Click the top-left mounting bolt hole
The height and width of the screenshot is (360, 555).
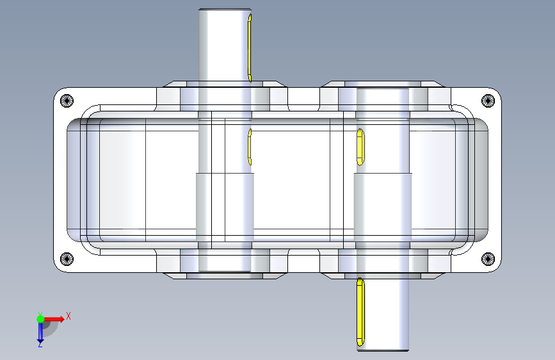click(x=67, y=101)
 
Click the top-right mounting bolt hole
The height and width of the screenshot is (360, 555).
click(x=488, y=101)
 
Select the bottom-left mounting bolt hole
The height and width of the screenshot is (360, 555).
click(x=67, y=259)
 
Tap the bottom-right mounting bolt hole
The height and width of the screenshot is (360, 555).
click(x=488, y=259)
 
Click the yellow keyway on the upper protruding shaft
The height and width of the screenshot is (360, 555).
click(x=250, y=48)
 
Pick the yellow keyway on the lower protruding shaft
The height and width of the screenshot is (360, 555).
click(x=360, y=312)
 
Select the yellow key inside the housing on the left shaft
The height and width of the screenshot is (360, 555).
click(x=250, y=147)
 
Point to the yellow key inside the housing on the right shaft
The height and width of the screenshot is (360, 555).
click(x=360, y=147)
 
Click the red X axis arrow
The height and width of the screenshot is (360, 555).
click(x=54, y=319)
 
